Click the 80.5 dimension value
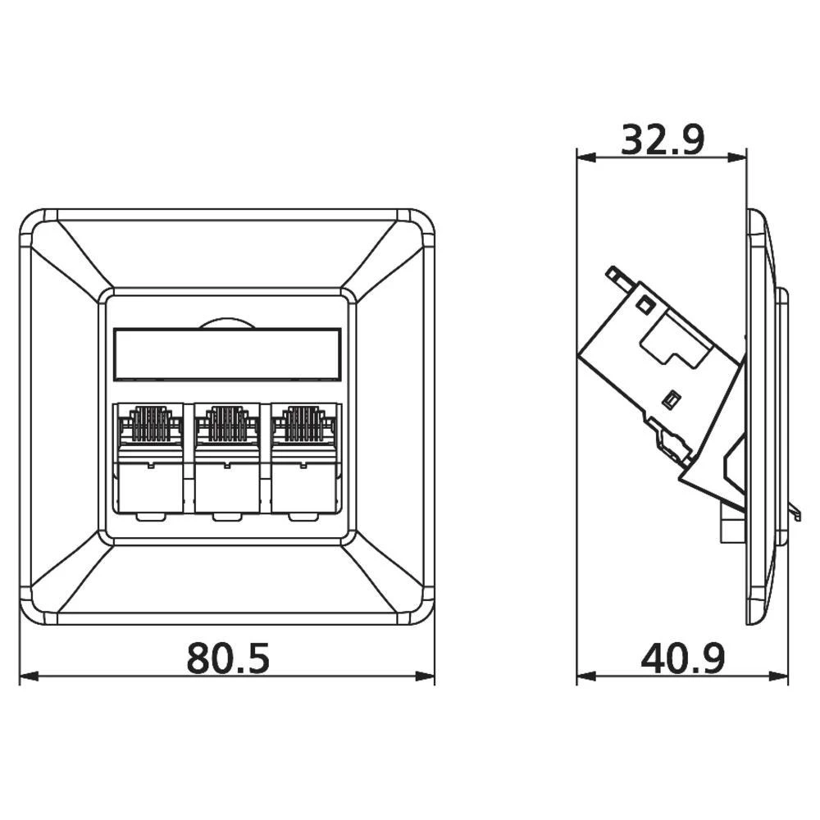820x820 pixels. pos(227,658)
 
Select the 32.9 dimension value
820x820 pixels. pos(662,140)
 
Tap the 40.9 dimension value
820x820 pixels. pos(682,658)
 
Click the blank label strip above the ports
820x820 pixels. pos(226,354)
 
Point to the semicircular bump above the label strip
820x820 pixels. pos(226,324)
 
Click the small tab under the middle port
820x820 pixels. pos(226,517)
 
